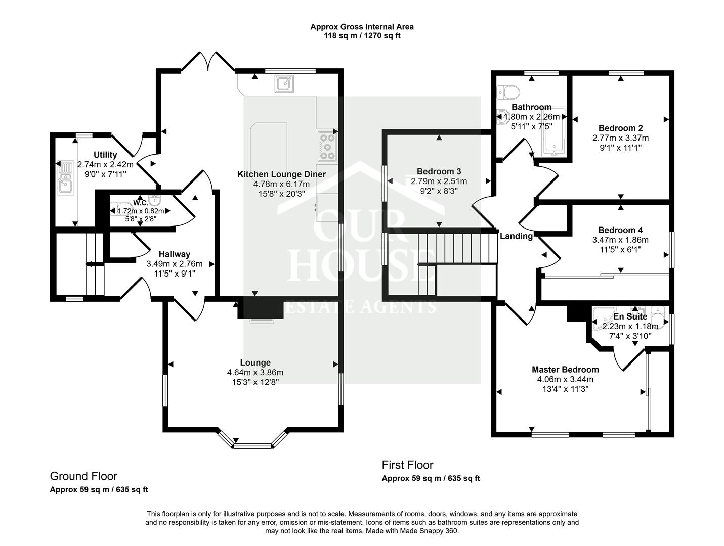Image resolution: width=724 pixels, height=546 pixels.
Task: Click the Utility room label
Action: click(x=105, y=155)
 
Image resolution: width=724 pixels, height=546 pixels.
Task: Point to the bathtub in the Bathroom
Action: click(x=554, y=132)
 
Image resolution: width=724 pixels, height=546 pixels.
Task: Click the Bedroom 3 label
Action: click(x=439, y=171)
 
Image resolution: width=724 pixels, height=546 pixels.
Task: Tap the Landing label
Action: click(x=516, y=236)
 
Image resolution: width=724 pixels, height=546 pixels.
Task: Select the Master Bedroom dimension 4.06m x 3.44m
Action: click(x=565, y=379)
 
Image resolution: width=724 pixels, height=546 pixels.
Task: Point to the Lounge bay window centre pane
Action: click(x=252, y=446)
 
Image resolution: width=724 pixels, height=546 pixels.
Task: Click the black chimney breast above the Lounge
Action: click(x=261, y=307)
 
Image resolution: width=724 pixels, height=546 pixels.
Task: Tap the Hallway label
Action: click(x=175, y=254)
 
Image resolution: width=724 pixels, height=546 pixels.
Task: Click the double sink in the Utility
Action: click(x=65, y=177)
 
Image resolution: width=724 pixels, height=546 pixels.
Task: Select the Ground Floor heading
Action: click(x=83, y=476)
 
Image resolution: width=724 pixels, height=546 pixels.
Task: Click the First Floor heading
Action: click(x=407, y=465)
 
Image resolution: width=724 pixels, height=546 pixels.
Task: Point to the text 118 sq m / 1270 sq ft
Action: click(x=362, y=35)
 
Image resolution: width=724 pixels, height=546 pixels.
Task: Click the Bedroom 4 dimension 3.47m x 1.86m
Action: click(x=620, y=240)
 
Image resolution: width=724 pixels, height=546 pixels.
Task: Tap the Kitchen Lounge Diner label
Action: click(x=281, y=174)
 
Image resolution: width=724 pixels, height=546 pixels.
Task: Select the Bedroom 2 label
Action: click(x=620, y=128)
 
